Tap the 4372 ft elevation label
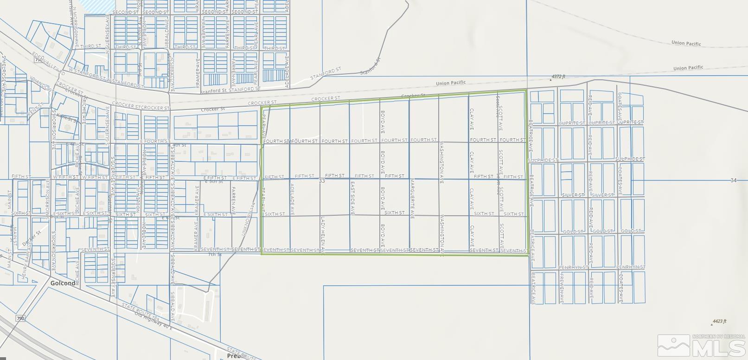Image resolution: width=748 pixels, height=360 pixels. point(558,77)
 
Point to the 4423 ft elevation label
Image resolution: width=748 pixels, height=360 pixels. point(719,321)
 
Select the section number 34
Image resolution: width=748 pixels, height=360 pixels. point(733,180)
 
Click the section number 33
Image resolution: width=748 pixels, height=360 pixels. point(321,181)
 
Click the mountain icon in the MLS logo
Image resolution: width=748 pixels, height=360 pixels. point(673,345)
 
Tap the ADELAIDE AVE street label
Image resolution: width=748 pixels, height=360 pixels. point(292,199)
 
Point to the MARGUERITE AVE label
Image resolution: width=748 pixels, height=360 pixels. point(412,198)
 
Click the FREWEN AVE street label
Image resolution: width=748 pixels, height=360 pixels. point(561,288)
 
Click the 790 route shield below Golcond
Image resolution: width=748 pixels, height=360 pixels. point(20,318)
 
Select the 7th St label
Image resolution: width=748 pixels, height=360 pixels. point(215,255)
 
